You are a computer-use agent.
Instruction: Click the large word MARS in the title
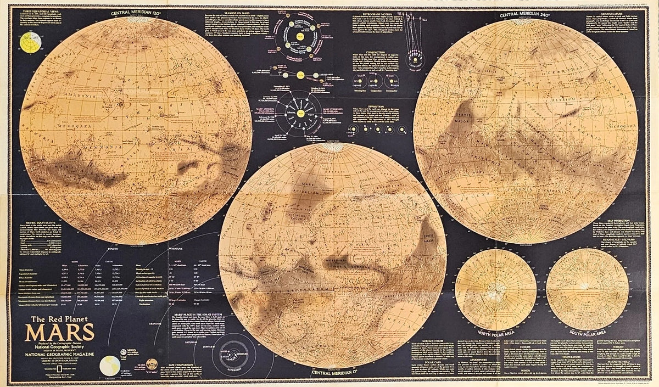[60, 333]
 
